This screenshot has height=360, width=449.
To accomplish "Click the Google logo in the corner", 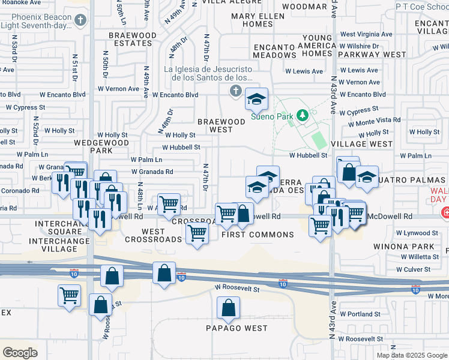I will tap(20, 353).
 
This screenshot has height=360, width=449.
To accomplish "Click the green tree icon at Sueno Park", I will tap(304, 114).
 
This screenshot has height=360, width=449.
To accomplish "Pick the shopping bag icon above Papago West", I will tap(229, 310).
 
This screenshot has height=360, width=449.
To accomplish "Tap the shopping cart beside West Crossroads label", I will tap(197, 233).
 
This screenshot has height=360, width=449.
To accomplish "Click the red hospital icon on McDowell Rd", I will tap(445, 213).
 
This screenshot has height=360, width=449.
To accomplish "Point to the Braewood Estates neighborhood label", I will tap(132, 40).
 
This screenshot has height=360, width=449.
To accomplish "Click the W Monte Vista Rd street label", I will tap(375, 121).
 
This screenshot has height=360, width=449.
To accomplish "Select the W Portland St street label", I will tap(360, 313).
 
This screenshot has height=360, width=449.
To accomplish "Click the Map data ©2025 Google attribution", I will tap(411, 355).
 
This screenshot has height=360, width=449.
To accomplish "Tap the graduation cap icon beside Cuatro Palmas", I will tap(367, 176).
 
